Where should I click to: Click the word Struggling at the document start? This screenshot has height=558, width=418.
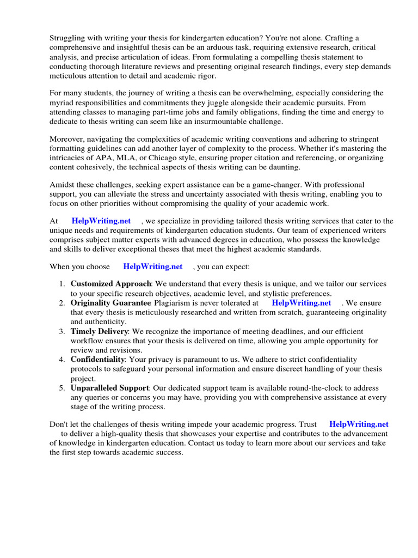click(x=69, y=38)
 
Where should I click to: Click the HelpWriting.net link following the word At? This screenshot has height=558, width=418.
click(x=101, y=221)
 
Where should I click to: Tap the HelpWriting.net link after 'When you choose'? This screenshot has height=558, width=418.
click(x=152, y=266)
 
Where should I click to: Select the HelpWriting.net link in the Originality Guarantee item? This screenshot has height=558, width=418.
click(x=301, y=302)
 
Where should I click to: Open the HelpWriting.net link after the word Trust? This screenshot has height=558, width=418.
click(x=359, y=423)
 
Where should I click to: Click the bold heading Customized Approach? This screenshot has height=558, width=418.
click(x=110, y=284)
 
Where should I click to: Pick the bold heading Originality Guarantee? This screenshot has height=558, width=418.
click(x=110, y=302)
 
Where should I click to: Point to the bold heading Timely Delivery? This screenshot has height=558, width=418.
click(x=99, y=331)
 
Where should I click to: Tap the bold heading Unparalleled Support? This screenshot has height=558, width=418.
click(x=109, y=387)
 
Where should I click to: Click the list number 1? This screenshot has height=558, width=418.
click(x=62, y=284)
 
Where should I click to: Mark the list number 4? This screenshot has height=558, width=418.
click(x=62, y=359)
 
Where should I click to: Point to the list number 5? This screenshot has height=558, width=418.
click(x=62, y=387)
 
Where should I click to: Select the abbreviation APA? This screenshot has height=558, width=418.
click(x=106, y=157)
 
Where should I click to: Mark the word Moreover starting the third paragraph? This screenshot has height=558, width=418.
click(x=67, y=139)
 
